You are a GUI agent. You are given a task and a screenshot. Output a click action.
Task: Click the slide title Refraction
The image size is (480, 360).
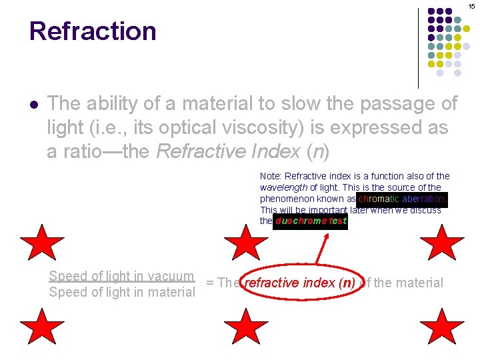(x=93, y=31)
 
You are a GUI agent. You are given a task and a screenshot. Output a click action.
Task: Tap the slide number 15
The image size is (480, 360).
(x=471, y=6)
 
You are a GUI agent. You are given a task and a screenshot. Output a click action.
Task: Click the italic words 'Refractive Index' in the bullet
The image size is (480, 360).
(x=227, y=151)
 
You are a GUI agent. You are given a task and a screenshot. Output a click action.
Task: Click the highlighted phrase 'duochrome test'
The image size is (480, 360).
(x=311, y=221)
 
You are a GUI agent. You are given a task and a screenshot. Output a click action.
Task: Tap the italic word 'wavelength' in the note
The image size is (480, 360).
(x=283, y=188)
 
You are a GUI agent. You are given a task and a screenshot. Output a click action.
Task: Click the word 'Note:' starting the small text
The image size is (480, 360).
(x=271, y=177)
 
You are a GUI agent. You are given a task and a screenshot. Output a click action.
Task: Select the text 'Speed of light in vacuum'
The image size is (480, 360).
(x=122, y=276)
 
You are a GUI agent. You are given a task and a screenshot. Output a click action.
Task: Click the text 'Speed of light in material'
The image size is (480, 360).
(x=122, y=292)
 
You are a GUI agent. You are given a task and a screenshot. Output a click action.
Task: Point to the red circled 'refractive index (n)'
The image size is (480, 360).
(x=299, y=283)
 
